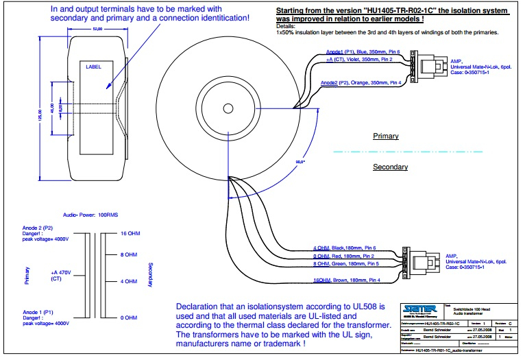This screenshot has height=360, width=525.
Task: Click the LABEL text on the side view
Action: click(x=93, y=67)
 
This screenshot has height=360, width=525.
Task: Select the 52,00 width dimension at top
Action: click(x=97, y=29)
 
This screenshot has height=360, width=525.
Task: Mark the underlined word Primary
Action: click(x=385, y=136)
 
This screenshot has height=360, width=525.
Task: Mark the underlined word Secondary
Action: click(x=390, y=167)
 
